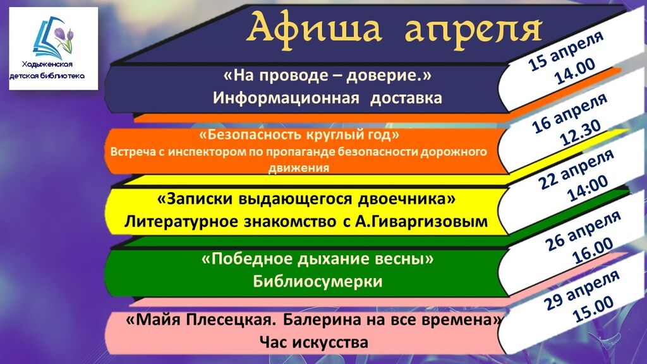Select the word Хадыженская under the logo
[47, 64]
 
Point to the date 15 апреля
[566, 51]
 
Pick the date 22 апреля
[576, 169]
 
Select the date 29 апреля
[582, 290]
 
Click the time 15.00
[593, 310]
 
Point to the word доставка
[406, 99]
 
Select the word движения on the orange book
[299, 168]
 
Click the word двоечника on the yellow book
[406, 199]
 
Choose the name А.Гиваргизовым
[421, 222]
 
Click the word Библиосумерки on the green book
[318, 281]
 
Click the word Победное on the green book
[246, 259]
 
